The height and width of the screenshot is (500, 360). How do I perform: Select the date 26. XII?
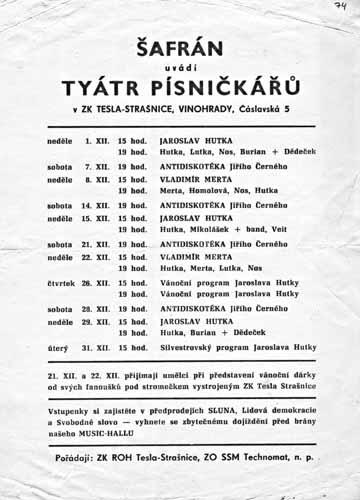[97, 282]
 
